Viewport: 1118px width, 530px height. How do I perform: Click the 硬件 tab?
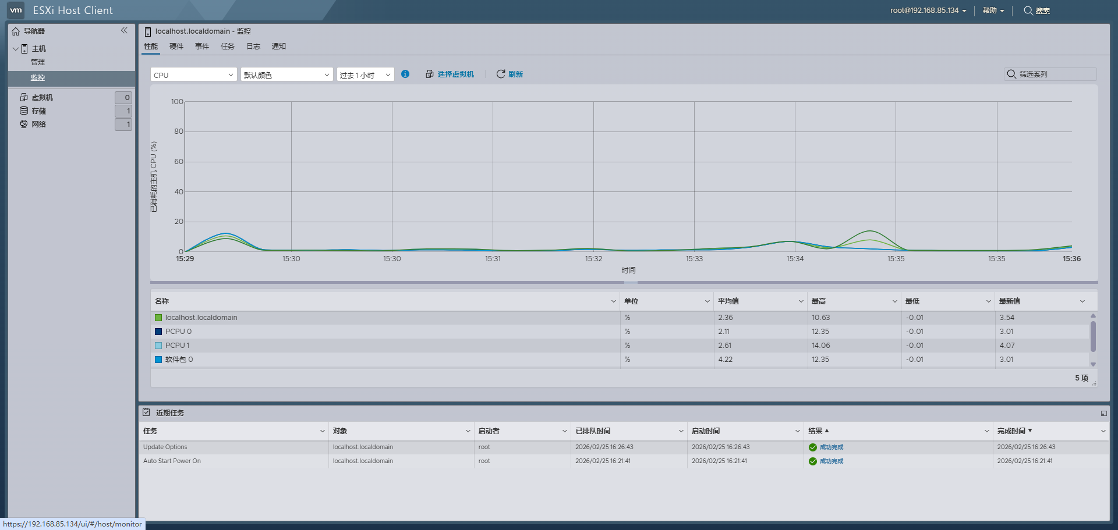pyautogui.click(x=176, y=47)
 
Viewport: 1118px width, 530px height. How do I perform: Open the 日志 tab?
pyautogui.click(x=253, y=47)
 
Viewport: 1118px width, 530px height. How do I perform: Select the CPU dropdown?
pyautogui.click(x=193, y=75)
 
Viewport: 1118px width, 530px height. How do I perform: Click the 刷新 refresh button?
pyautogui.click(x=510, y=74)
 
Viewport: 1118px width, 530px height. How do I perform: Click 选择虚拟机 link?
pyautogui.click(x=450, y=74)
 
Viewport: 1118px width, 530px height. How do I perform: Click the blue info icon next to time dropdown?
pyautogui.click(x=405, y=74)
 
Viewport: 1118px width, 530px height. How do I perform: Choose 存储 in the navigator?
pyautogui.click(x=39, y=111)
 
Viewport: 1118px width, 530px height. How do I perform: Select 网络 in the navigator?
pyautogui.click(x=39, y=125)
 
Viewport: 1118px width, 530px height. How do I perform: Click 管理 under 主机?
pyautogui.click(x=38, y=62)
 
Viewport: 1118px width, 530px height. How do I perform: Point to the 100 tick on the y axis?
pyautogui.click(x=177, y=102)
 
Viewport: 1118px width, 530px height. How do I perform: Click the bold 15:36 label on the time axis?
pyautogui.click(x=1071, y=259)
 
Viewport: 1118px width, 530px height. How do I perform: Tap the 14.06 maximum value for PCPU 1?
pyautogui.click(x=821, y=346)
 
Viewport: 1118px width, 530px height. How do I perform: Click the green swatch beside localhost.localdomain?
pyautogui.click(x=158, y=318)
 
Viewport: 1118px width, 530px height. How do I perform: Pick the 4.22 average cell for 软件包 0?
pyautogui.click(x=726, y=360)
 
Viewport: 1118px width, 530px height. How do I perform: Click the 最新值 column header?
pyautogui.click(x=1010, y=301)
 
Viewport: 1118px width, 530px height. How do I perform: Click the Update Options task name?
pyautogui.click(x=165, y=447)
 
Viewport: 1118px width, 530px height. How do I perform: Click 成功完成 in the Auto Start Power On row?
pyautogui.click(x=831, y=461)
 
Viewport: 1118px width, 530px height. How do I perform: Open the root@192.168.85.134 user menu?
pyautogui.click(x=928, y=10)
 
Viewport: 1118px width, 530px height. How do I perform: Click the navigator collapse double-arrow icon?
pyautogui.click(x=124, y=31)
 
